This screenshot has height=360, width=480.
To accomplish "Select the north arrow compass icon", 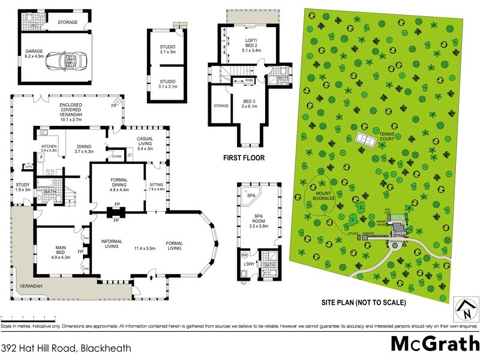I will (x=464, y=308).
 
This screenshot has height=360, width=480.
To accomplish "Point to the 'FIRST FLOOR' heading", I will (x=245, y=158).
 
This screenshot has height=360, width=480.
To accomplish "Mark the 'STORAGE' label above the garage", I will (x=68, y=22).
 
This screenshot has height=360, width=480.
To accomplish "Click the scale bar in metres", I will (x=28, y=316).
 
